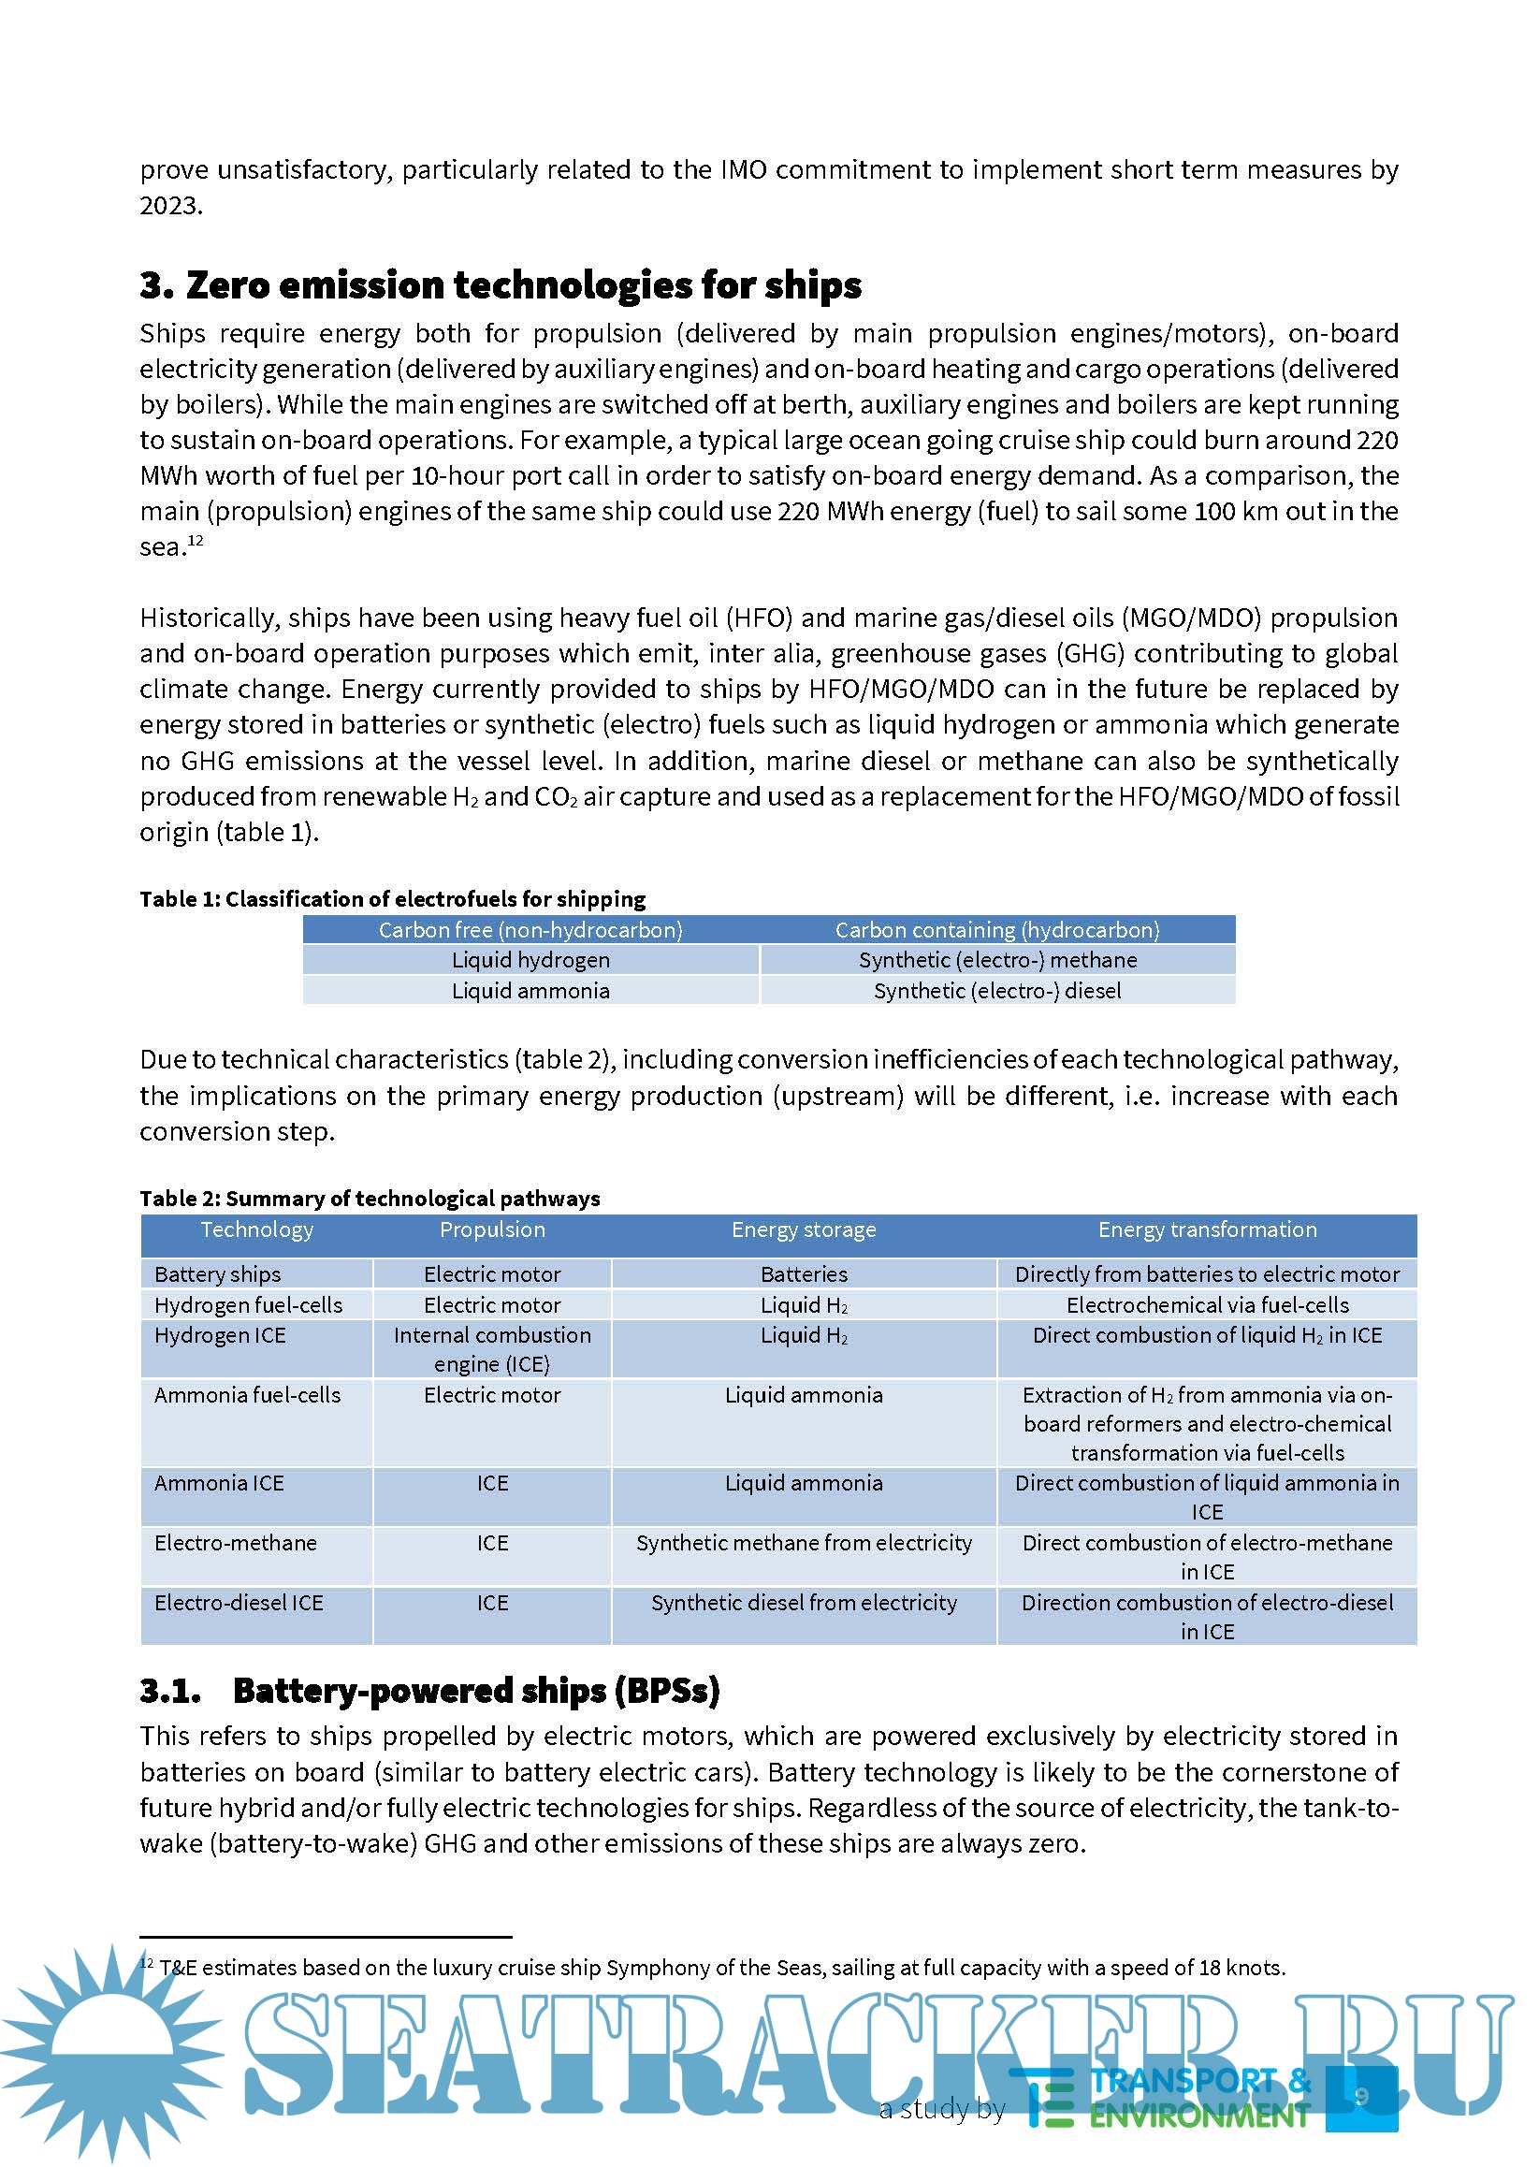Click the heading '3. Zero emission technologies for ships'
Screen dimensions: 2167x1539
pyautogui.click(x=501, y=285)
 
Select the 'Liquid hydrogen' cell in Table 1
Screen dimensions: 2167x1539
pyautogui.click(x=530, y=960)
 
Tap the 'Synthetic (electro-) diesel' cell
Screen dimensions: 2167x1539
pyautogui.click(x=997, y=990)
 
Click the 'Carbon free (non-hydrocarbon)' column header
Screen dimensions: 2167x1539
pyautogui.click(x=530, y=929)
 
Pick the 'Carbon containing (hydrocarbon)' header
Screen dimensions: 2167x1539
pyautogui.click(x=997, y=929)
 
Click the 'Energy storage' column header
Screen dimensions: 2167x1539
pyautogui.click(x=804, y=1229)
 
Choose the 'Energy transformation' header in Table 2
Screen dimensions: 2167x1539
pyautogui.click(x=1207, y=1229)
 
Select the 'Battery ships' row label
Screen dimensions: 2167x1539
pyautogui.click(x=218, y=1273)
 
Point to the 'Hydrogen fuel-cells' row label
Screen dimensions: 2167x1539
pyautogui.click(x=248, y=1304)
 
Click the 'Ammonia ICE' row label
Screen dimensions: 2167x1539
pyautogui.click(x=219, y=1483)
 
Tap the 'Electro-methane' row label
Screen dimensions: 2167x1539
pyautogui.click(x=235, y=1543)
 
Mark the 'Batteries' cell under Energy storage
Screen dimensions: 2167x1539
pyautogui.click(x=804, y=1273)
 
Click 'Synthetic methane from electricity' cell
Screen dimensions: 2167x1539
pyautogui.click(x=804, y=1543)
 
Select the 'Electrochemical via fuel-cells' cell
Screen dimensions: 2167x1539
pyautogui.click(x=1207, y=1304)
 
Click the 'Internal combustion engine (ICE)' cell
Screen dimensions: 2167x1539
pyautogui.click(x=492, y=1349)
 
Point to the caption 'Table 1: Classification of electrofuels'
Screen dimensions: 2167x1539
pyautogui.click(x=392, y=898)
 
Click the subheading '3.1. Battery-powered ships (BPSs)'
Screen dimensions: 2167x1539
pyautogui.click(x=429, y=1691)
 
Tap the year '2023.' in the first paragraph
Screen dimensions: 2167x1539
pyautogui.click(x=171, y=206)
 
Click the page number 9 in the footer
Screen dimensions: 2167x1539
pyautogui.click(x=1362, y=2095)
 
